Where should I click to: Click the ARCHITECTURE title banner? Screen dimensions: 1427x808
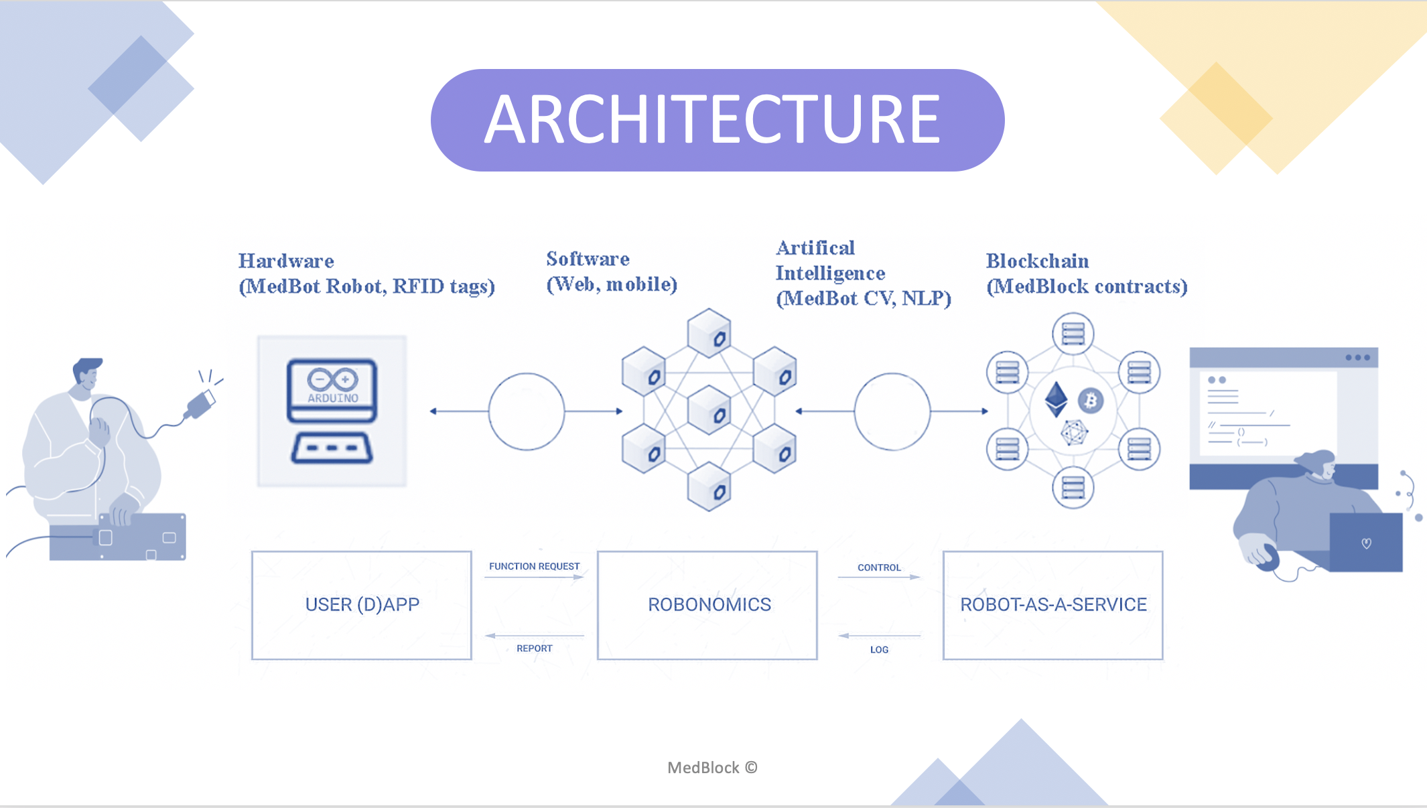coord(718,120)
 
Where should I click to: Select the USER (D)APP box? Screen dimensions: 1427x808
coord(362,605)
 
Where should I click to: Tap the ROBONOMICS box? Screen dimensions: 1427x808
coord(707,605)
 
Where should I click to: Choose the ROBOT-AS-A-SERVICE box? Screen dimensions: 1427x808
coord(1053,605)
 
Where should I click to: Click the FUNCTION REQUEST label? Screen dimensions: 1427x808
coord(534,566)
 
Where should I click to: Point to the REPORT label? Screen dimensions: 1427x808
coord(535,649)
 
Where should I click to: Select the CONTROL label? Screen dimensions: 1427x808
coord(879,567)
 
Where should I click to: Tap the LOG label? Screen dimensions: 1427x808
coord(879,650)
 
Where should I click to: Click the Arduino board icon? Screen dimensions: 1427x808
coord(332,411)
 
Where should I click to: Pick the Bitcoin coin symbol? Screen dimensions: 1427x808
coord(1091,401)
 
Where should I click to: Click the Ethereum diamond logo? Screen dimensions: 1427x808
coord(1057,399)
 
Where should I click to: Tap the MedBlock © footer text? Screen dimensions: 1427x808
coord(712,768)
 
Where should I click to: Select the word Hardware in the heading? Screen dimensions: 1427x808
coord(286,261)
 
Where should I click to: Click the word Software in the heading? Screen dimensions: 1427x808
coord(588,259)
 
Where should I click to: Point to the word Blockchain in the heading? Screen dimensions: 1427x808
coord(1037,261)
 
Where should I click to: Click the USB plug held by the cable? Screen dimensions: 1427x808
coord(200,405)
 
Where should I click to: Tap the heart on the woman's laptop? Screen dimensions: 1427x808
coord(1367,543)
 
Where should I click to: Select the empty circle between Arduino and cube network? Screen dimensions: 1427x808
coord(527,411)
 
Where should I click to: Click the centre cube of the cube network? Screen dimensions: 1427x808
coord(709,410)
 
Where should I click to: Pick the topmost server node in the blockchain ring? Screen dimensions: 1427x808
coord(1073,334)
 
